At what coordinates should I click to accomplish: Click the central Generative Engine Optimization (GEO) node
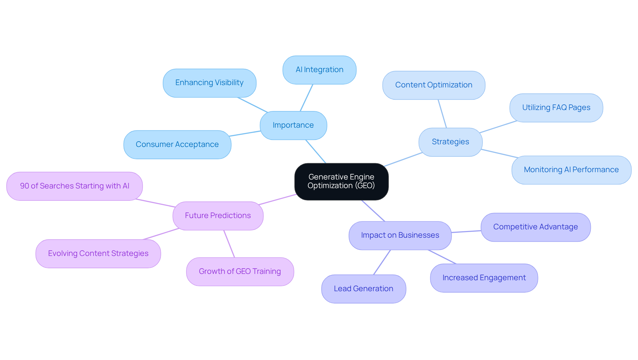(341, 181)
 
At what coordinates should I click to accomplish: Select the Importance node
(293, 125)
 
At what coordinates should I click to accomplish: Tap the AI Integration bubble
(319, 70)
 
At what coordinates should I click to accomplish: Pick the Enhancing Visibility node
(209, 83)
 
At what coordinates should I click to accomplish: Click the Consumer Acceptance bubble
(177, 145)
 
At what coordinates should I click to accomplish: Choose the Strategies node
(450, 142)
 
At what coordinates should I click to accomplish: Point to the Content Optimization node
(434, 85)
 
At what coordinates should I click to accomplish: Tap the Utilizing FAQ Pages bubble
(556, 108)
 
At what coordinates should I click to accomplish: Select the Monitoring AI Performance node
(571, 170)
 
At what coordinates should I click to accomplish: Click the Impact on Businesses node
(400, 235)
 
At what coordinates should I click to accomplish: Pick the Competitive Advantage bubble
(535, 227)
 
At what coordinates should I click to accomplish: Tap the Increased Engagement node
(484, 278)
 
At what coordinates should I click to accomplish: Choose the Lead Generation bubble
(364, 289)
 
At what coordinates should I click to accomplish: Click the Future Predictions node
(218, 216)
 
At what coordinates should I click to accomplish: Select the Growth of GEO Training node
(240, 272)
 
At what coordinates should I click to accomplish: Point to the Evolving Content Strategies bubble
(98, 254)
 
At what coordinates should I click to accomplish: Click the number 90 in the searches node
(25, 186)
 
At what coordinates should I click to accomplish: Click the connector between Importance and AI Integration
(306, 98)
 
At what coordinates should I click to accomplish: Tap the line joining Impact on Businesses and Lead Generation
(382, 262)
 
